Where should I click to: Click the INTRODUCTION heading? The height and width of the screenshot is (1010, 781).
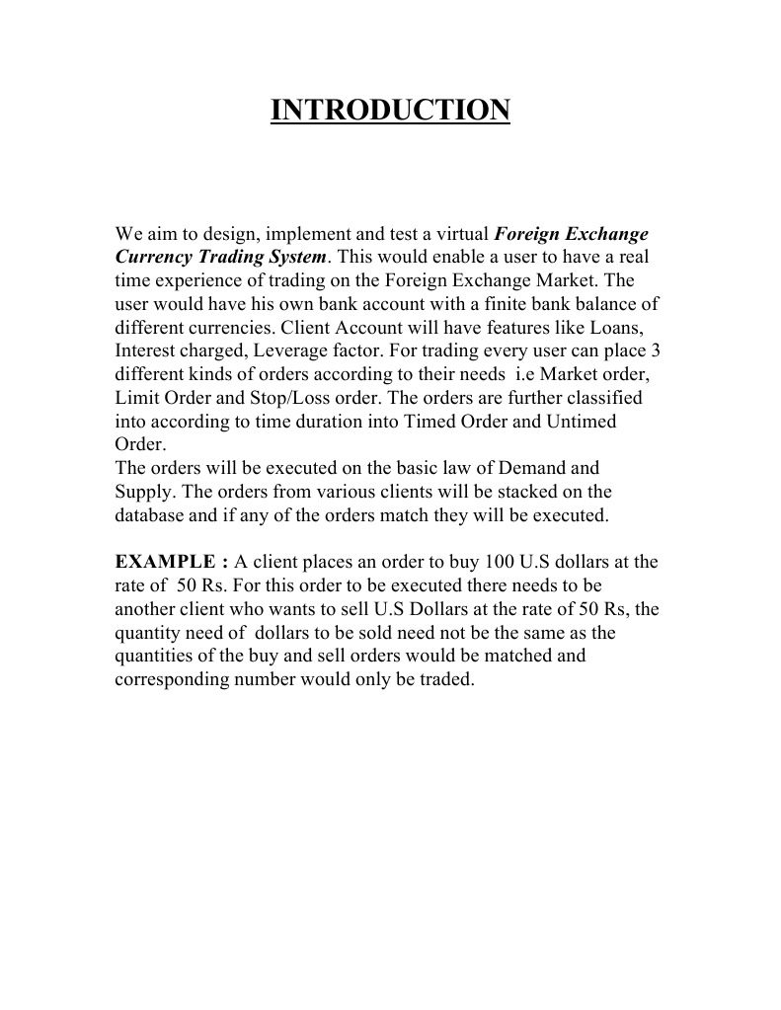(x=390, y=110)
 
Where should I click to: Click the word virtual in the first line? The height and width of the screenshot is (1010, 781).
(x=464, y=235)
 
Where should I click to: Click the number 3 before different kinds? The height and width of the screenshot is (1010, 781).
(x=655, y=350)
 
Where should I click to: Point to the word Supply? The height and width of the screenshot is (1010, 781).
(x=143, y=491)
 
